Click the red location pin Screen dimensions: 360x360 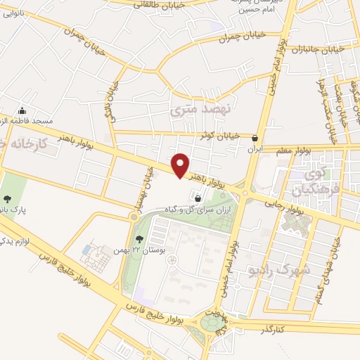pyautogui.click(x=181, y=165)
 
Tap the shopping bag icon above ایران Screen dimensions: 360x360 pyautogui.click(x=254, y=138)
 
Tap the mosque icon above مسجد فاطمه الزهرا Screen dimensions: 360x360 pyautogui.click(x=22, y=110)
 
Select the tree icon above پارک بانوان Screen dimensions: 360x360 pyautogui.click(x=8, y=198)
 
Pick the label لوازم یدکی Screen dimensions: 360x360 pyautogui.click(x=14, y=241)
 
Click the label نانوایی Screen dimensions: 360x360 pyautogui.click(x=14, y=13)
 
